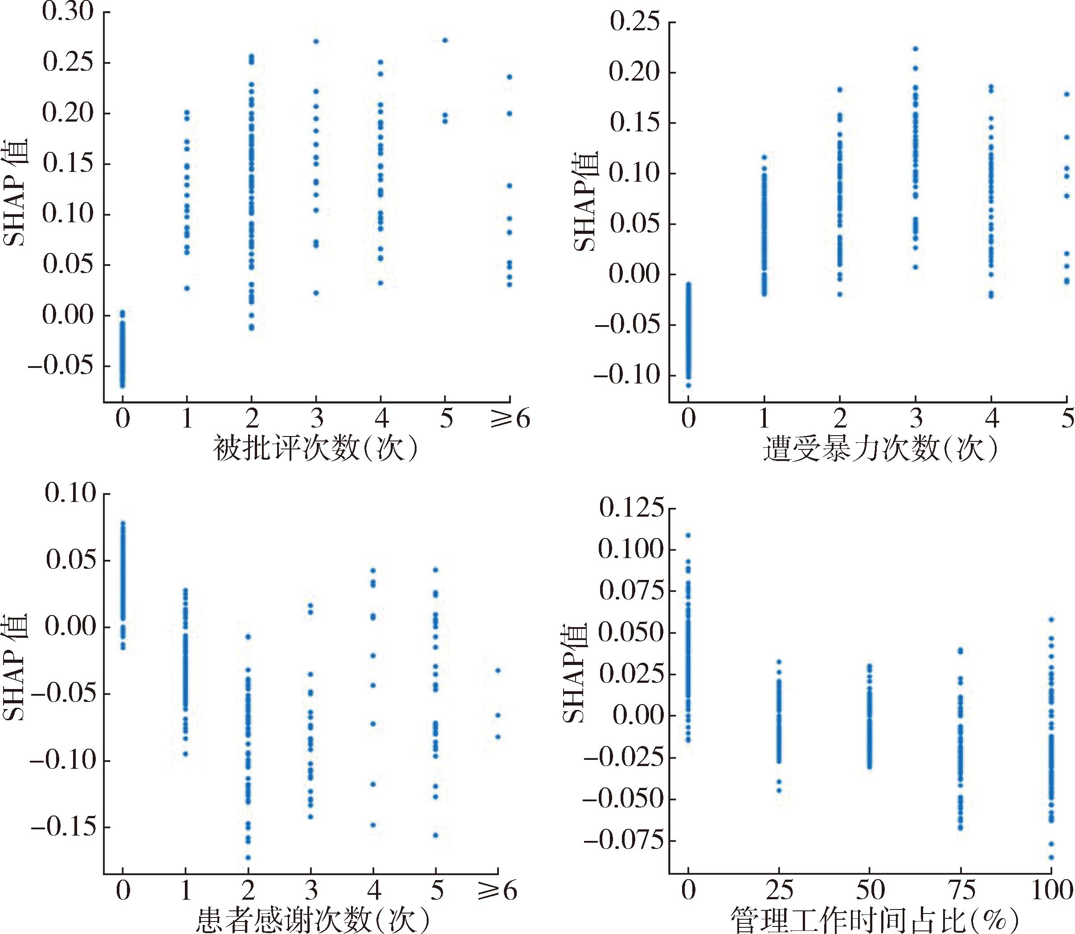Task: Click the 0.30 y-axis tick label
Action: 68,12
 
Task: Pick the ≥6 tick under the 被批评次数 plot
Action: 510,419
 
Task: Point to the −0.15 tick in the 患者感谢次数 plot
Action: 64,827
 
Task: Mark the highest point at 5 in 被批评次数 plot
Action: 445,40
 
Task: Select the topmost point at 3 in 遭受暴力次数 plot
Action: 916,49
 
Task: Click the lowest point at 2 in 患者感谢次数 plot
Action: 248,857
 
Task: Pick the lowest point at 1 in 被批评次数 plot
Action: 187,288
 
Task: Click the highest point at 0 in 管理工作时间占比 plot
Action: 688,535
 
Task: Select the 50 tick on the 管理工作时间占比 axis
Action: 869,891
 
